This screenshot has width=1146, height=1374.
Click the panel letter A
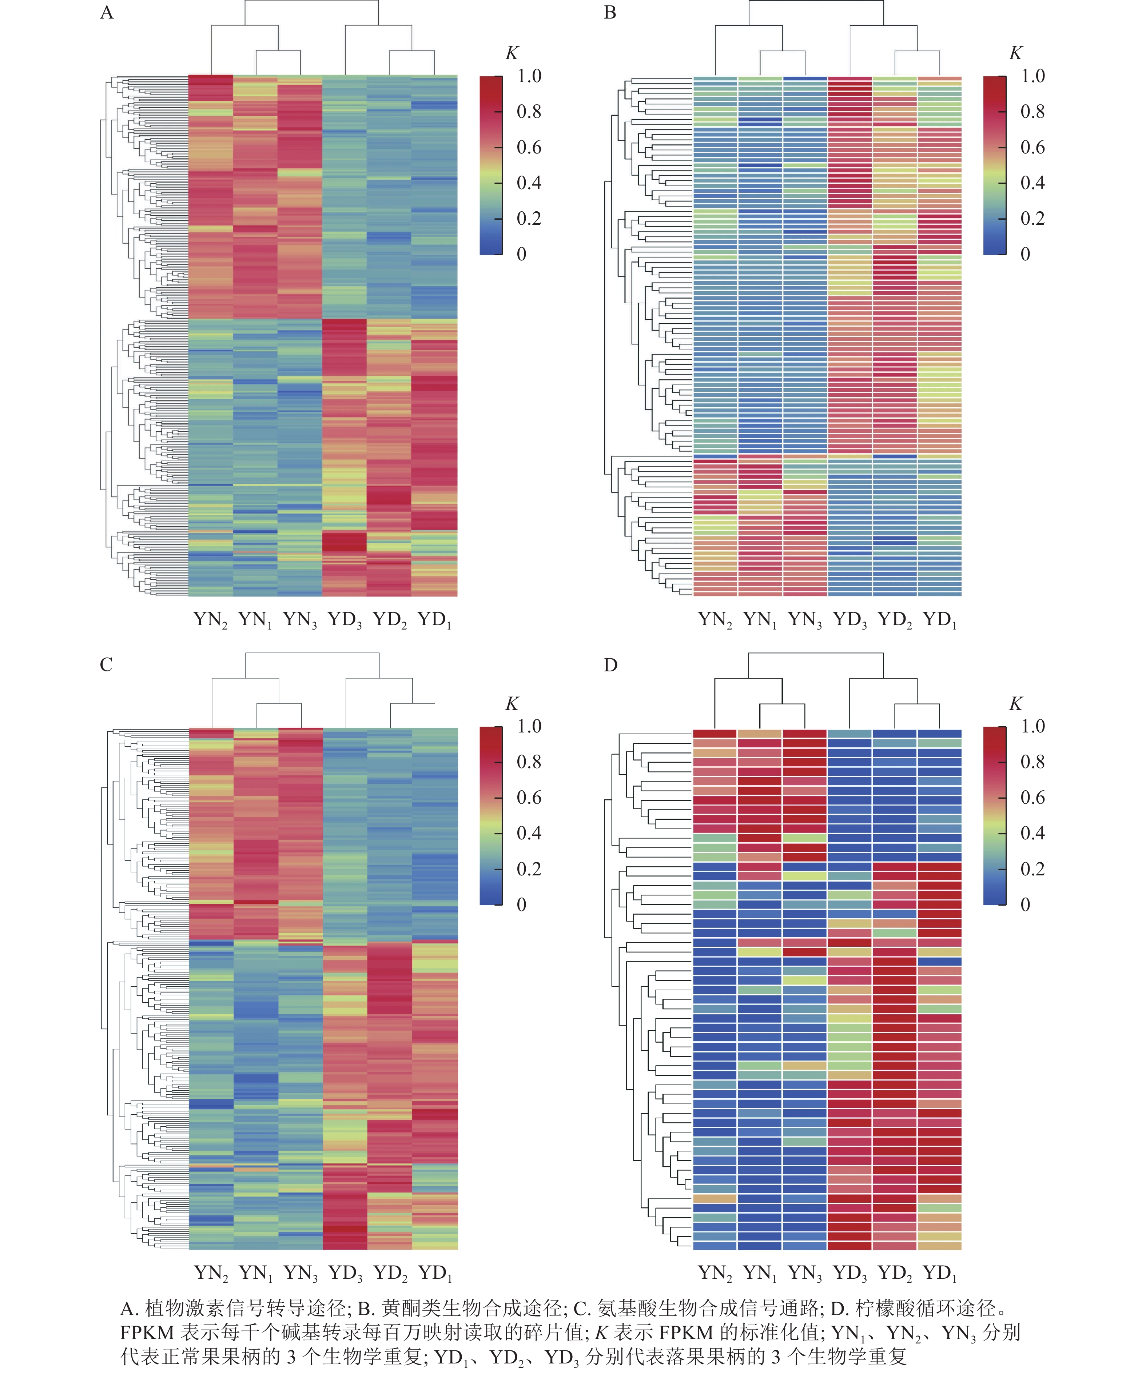pyautogui.click(x=107, y=13)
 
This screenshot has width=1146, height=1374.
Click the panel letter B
pyautogui.click(x=610, y=13)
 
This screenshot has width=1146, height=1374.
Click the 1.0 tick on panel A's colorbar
pyautogui.click(x=529, y=76)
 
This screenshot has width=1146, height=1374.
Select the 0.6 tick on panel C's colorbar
pyautogui.click(x=529, y=798)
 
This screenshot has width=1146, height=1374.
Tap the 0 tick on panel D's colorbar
pyautogui.click(x=1026, y=905)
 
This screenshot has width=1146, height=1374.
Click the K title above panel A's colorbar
pyautogui.click(x=512, y=53)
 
